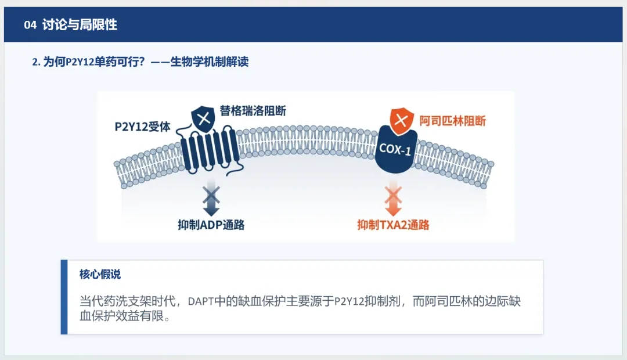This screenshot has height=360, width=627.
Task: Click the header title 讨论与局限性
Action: point(80,25)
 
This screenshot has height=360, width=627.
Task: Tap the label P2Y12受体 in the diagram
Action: point(142,127)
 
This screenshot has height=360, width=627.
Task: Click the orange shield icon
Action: point(401,121)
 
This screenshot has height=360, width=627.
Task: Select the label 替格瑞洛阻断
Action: point(253,110)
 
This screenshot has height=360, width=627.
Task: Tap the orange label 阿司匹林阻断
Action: point(453,121)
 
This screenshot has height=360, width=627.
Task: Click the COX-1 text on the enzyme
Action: point(395,149)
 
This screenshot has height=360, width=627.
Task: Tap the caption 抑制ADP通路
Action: point(211,225)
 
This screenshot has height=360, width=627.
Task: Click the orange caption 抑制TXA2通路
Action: point(393,225)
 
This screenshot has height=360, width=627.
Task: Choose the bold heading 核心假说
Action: point(100,275)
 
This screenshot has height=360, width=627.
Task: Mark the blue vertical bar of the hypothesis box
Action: point(64,297)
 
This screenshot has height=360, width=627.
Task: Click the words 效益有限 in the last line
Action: point(143,318)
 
